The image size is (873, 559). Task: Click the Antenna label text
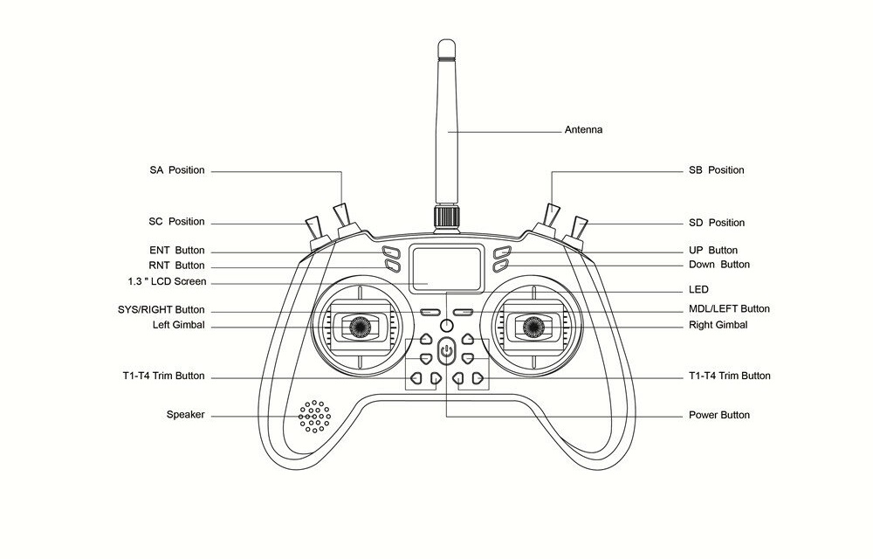pos(583,130)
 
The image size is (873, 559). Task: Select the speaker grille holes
pos(314,416)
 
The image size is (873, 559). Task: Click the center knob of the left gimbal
pos(360,327)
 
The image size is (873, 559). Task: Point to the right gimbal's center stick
pos(533,327)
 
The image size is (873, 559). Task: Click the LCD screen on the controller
pos(446,268)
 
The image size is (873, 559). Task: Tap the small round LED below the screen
pos(446,326)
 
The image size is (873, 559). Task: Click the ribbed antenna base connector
pos(446,217)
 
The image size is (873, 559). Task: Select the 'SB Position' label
pos(716,170)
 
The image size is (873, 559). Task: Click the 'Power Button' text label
pos(718,415)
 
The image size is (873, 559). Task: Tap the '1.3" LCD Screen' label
pos(167,282)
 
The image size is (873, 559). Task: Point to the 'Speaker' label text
pos(185,415)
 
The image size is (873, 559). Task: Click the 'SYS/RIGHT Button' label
pos(161,309)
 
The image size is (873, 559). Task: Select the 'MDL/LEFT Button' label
pos(729,309)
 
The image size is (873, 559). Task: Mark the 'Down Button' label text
pos(719,265)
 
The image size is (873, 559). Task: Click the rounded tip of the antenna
pos(446,44)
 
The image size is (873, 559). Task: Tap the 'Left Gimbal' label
pos(179,325)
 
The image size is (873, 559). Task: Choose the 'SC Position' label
pos(176,222)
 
